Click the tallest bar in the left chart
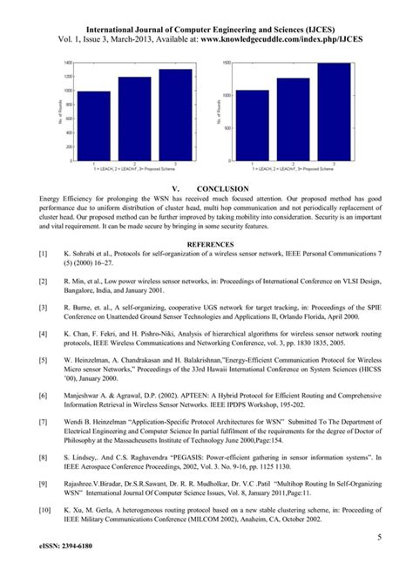[x=175, y=115]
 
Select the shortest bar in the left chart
[x=94, y=126]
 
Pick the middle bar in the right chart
[x=294, y=119]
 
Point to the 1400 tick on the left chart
[x=70, y=64]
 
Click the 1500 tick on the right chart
[x=228, y=64]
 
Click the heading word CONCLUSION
[x=223, y=188]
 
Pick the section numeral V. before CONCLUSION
[x=176, y=188]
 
